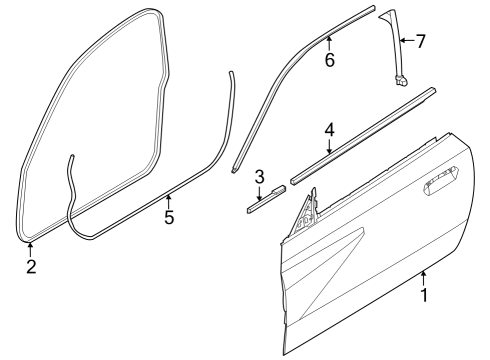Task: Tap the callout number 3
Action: pyautogui.click(x=259, y=178)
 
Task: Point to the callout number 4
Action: pyautogui.click(x=329, y=130)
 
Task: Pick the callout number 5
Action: pyautogui.click(x=169, y=216)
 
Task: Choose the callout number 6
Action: pyautogui.click(x=329, y=59)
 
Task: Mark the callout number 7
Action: pyautogui.click(x=420, y=41)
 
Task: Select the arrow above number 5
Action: pyautogui.click(x=169, y=199)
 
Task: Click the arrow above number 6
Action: pyautogui.click(x=329, y=40)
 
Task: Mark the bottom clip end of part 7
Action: pyautogui.click(x=403, y=82)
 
